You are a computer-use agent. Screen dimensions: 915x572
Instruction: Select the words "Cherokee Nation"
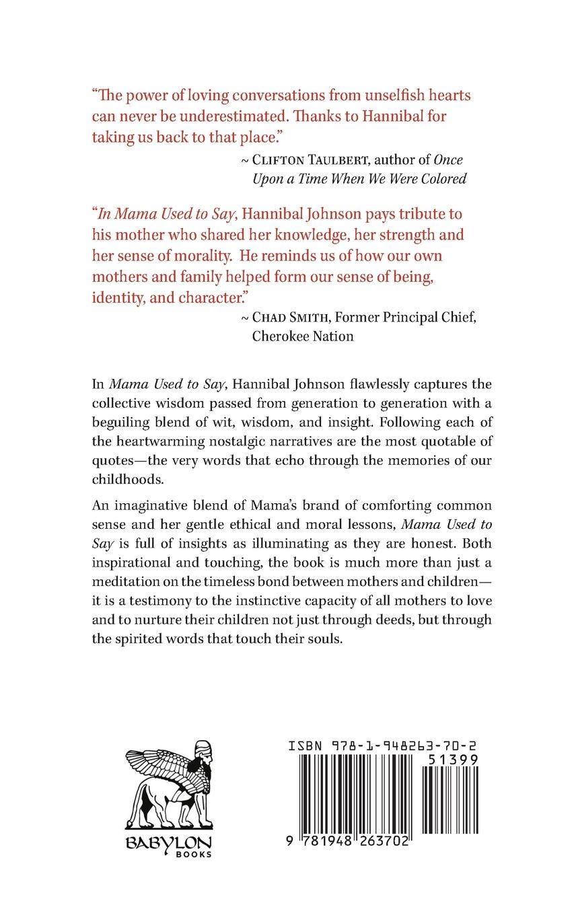(x=302, y=336)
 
